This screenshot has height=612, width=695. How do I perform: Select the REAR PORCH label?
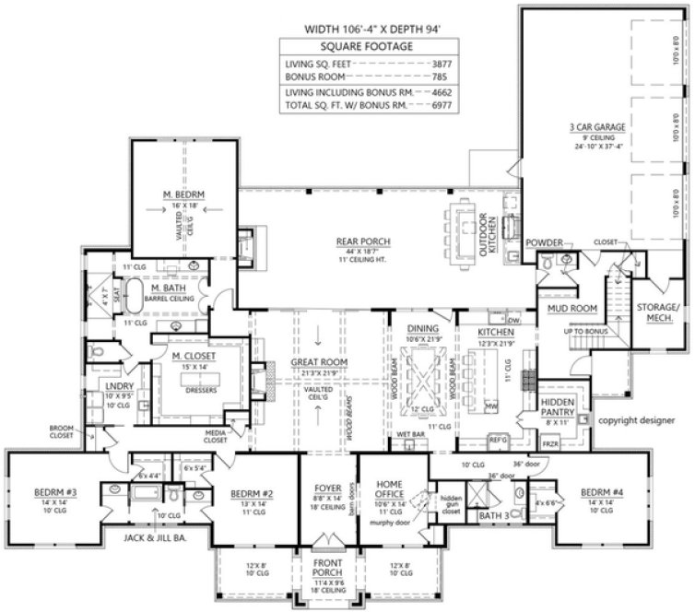pos(364,241)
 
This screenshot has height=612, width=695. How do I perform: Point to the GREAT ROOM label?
pos(319,362)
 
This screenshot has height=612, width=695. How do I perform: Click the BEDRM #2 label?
pos(251,492)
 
